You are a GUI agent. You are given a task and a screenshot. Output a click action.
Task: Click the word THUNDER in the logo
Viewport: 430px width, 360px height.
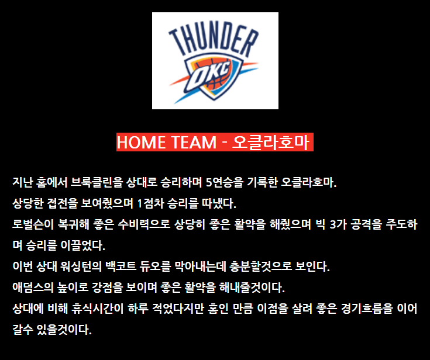pyautogui.click(x=214, y=39)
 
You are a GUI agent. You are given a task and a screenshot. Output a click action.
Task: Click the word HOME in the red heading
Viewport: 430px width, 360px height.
pyautogui.click(x=140, y=142)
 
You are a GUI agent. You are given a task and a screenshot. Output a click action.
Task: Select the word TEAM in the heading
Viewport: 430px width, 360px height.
pyautogui.click(x=194, y=142)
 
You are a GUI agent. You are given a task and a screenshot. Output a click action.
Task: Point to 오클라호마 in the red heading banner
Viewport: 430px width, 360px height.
pyautogui.click(x=271, y=142)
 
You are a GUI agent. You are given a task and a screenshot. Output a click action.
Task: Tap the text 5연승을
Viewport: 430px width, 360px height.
pyautogui.click(x=224, y=182)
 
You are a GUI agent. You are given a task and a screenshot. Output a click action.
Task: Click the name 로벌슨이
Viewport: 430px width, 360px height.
pyautogui.click(x=33, y=224)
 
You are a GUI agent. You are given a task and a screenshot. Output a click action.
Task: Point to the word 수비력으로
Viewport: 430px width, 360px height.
pyautogui.click(x=145, y=224)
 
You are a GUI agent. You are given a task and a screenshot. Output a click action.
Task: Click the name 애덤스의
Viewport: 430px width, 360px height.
pyautogui.click(x=33, y=288)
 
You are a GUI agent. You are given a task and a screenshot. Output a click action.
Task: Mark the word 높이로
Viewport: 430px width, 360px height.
pyautogui.click(x=73, y=288)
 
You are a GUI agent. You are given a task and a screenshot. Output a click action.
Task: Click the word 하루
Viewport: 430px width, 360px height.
pyautogui.click(x=138, y=309)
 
